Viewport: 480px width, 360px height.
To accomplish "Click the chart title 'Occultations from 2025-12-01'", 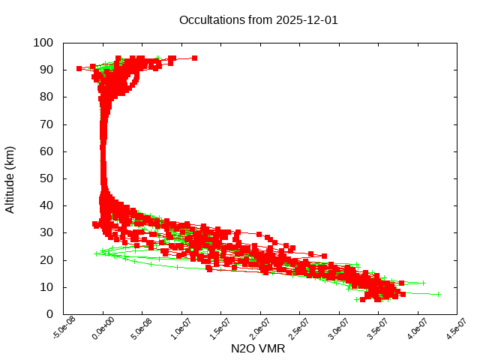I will (x=258, y=19).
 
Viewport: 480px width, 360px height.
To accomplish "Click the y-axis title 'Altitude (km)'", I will (x=10, y=178).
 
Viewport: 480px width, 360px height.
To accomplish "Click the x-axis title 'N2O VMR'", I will (x=258, y=348).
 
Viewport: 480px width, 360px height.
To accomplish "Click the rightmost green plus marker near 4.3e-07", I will (x=438, y=294).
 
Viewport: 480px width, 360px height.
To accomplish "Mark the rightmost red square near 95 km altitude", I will (x=194, y=58).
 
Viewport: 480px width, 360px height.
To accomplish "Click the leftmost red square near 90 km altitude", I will (x=79, y=68).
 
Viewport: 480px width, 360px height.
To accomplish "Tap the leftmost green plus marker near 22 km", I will (x=96, y=253).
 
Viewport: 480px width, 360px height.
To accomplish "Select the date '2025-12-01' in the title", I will (x=307, y=19).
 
